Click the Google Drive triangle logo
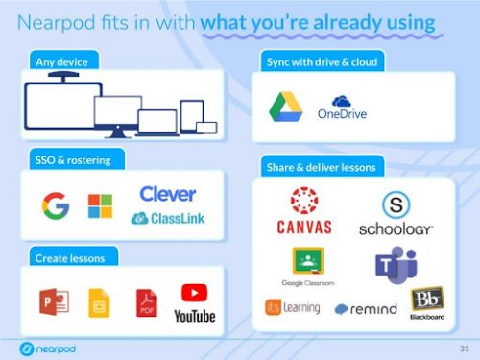click(x=284, y=106)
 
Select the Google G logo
click(x=56, y=204)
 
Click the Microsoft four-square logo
click(x=100, y=204)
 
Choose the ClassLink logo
click(x=167, y=219)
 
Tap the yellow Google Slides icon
click(x=99, y=301)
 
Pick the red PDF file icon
click(x=147, y=300)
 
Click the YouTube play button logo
click(x=194, y=293)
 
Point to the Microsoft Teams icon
click(x=395, y=263)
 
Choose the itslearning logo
click(x=292, y=307)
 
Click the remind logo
click(x=366, y=309)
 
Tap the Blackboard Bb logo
click(x=426, y=300)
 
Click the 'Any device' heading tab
click(x=61, y=62)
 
